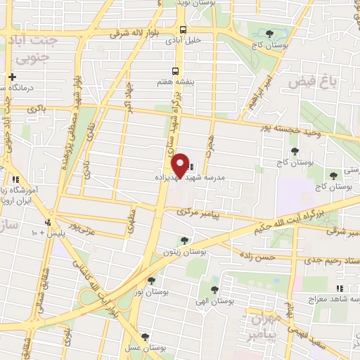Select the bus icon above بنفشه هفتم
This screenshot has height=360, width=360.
click(176, 71)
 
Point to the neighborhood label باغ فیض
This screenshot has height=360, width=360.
click(309, 82)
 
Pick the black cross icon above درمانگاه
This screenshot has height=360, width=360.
click(12, 77)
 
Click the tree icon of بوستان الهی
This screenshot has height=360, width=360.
click(214, 289)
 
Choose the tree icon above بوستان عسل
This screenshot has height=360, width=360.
click(145, 337)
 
